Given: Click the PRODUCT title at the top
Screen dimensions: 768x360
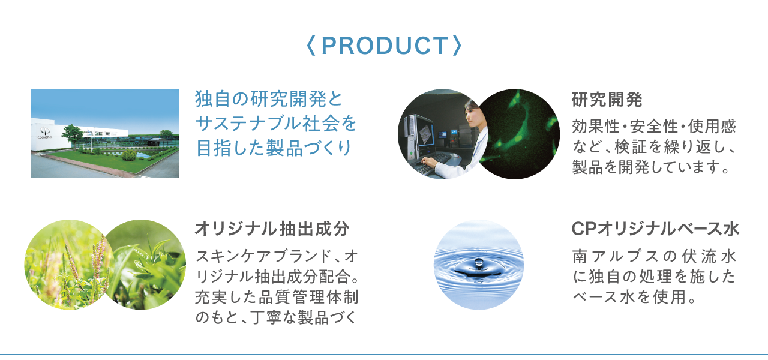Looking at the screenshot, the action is pos(385,46).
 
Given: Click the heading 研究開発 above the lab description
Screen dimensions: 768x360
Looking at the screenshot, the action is pos(607,100).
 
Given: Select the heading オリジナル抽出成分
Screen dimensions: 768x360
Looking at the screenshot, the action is pos(272,229).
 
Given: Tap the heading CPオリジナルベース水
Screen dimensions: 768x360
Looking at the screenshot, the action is pos(655,229).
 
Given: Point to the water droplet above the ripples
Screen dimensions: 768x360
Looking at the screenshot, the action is pos(479,263).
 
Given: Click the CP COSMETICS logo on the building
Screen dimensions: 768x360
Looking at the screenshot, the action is pos(45,133).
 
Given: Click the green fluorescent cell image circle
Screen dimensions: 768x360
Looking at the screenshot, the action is pos(518,134).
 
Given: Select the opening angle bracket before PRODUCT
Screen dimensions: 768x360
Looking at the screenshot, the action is pos(311,46).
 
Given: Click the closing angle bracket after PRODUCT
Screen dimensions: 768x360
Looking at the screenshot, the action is pos(458,46).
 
